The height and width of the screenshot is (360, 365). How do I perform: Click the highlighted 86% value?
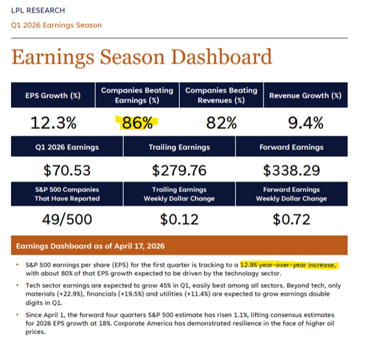138,124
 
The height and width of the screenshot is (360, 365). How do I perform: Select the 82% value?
221,124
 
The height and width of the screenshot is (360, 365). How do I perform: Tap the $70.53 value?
67,170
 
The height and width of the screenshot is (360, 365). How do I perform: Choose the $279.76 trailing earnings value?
179,170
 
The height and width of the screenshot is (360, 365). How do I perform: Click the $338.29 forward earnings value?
291,170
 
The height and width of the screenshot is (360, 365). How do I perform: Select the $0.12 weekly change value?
179,219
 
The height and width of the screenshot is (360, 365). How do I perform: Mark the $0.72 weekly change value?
291,219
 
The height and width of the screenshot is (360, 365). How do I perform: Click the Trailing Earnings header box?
179,147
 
